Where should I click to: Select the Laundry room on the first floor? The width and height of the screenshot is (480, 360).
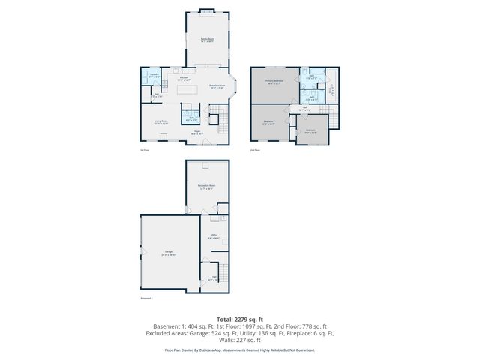[x=153, y=75]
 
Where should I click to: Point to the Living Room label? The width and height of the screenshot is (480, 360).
[x=161, y=121]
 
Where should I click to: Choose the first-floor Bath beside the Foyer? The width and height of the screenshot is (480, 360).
[x=192, y=118]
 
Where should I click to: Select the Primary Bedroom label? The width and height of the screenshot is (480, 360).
[x=273, y=82]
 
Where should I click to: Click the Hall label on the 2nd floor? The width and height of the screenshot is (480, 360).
[x=304, y=109]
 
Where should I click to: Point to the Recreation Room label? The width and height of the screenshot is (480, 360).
[x=207, y=187]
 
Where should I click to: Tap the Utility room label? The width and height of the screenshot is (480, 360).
[x=214, y=237]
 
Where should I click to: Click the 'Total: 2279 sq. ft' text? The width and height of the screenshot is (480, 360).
[x=240, y=319]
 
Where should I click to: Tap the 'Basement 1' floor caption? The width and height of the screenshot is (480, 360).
[x=146, y=298]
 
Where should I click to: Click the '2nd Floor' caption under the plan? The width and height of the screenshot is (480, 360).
[x=256, y=150]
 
